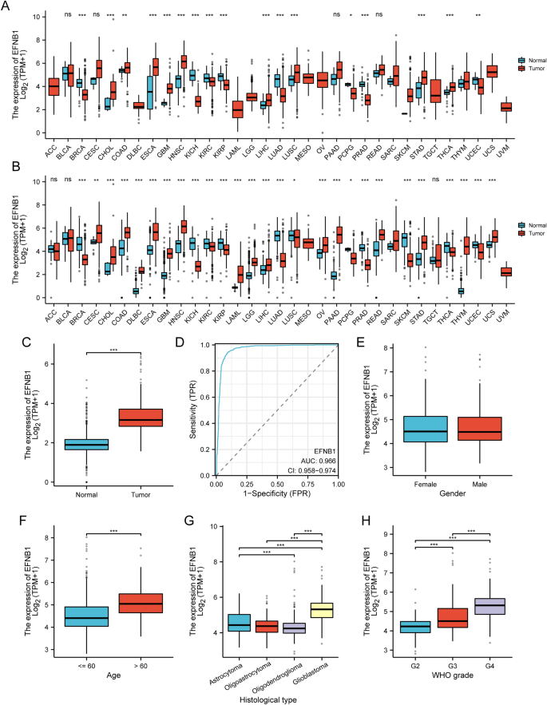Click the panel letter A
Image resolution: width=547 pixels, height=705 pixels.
[7, 6]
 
